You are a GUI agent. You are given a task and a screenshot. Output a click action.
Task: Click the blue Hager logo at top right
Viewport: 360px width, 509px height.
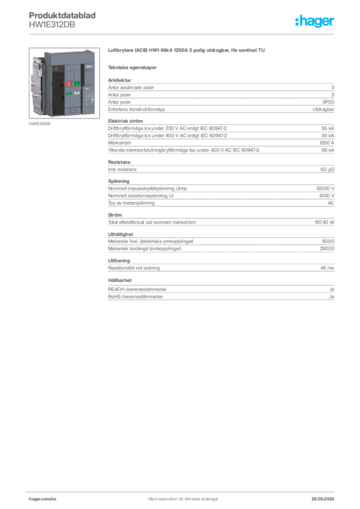tap(315, 21)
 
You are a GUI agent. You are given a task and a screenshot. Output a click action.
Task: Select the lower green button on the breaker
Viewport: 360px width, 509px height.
tap(69, 93)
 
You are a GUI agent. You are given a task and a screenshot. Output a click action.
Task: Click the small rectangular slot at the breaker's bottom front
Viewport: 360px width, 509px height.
tap(72, 111)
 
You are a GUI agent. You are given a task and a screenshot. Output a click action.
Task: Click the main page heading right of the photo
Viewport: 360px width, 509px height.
tap(186, 51)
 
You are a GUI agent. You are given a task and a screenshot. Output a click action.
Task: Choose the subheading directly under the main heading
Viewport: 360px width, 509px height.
tap(133, 67)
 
